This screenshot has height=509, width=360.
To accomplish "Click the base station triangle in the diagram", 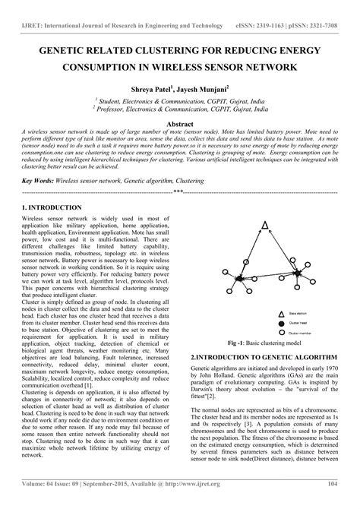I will click(x=264, y=226).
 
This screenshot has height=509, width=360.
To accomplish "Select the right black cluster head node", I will click(x=298, y=272).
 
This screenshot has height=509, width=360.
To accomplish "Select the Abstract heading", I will click(x=180, y=122).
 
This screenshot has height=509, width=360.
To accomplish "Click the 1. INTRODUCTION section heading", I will click(x=52, y=207).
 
